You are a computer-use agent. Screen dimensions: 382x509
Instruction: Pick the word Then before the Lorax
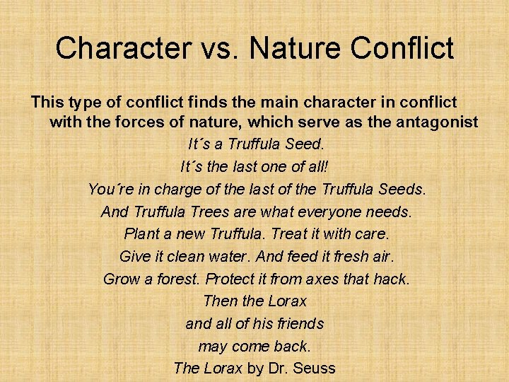coord(220,301)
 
